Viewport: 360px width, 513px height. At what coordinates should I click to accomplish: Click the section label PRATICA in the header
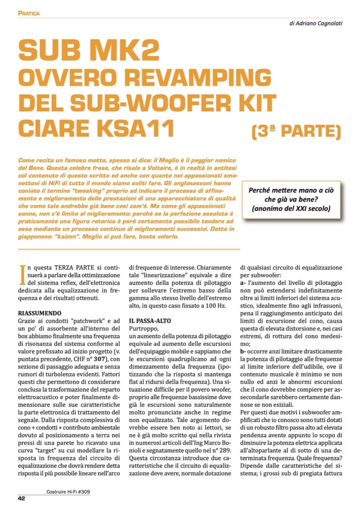click(29, 13)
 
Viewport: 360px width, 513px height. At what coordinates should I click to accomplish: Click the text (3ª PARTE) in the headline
click(296, 132)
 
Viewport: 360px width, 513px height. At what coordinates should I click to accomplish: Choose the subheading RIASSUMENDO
click(40, 311)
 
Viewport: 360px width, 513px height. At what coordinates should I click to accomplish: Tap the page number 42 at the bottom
click(22, 498)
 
